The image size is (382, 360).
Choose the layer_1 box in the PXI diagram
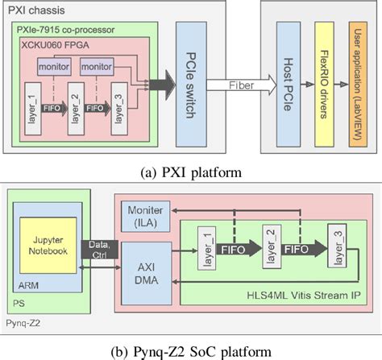click(x=33, y=104)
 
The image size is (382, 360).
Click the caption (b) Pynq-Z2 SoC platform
click(x=191, y=350)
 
